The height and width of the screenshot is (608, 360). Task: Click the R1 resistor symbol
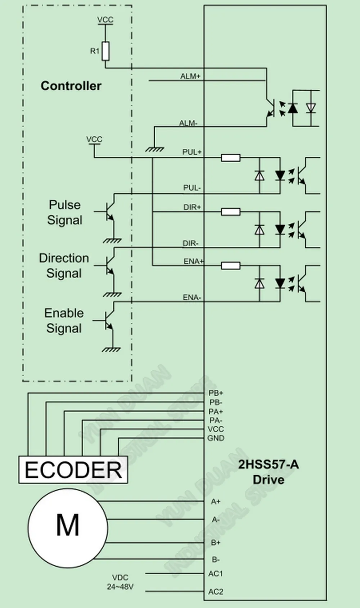(106, 51)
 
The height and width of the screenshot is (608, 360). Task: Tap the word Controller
(71, 86)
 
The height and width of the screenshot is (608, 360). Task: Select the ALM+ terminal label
(190, 76)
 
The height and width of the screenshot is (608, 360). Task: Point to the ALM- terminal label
(188, 123)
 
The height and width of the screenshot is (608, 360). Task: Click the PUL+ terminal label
(192, 152)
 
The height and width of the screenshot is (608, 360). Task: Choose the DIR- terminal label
(190, 243)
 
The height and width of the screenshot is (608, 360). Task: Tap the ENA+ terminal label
(193, 261)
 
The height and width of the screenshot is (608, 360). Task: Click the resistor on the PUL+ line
(231, 158)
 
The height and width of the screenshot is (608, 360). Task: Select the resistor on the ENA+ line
(231, 266)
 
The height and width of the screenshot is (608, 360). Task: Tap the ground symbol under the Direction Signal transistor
(112, 294)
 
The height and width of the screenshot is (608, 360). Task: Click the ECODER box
(73, 469)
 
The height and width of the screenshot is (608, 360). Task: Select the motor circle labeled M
(68, 528)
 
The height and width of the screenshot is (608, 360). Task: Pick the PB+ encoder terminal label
(216, 393)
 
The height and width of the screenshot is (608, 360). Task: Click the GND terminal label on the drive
(216, 438)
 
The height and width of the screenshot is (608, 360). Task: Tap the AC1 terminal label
(215, 573)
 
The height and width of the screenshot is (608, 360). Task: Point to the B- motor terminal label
(216, 560)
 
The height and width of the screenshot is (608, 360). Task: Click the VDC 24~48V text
(120, 582)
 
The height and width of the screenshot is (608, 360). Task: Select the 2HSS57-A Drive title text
(269, 472)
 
